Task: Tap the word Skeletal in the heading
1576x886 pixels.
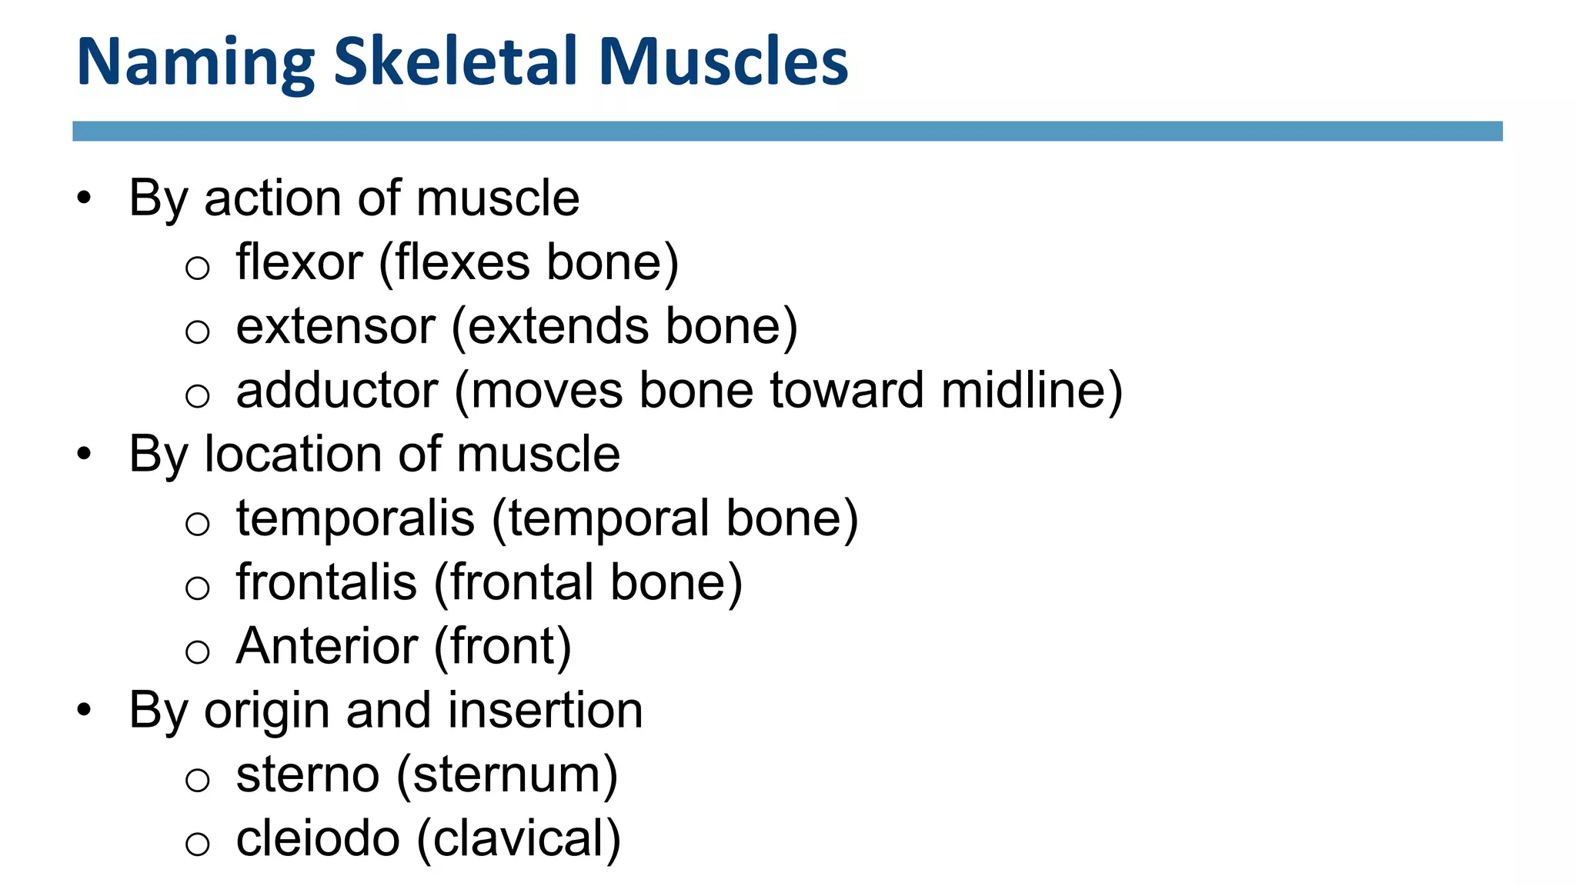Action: point(455,61)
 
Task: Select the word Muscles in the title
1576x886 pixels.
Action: point(723,61)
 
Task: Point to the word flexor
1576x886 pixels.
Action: point(299,262)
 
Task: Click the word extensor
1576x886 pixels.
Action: point(336,327)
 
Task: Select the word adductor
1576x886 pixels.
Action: point(337,390)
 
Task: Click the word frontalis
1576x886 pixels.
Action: point(326,582)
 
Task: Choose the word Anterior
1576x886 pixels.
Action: point(327,646)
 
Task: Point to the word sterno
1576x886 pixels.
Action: point(308,774)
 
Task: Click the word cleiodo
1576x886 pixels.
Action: point(318,838)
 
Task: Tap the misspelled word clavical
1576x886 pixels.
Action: point(518,838)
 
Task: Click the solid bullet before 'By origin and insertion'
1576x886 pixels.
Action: point(84,710)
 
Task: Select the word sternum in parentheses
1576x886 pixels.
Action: point(507,774)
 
